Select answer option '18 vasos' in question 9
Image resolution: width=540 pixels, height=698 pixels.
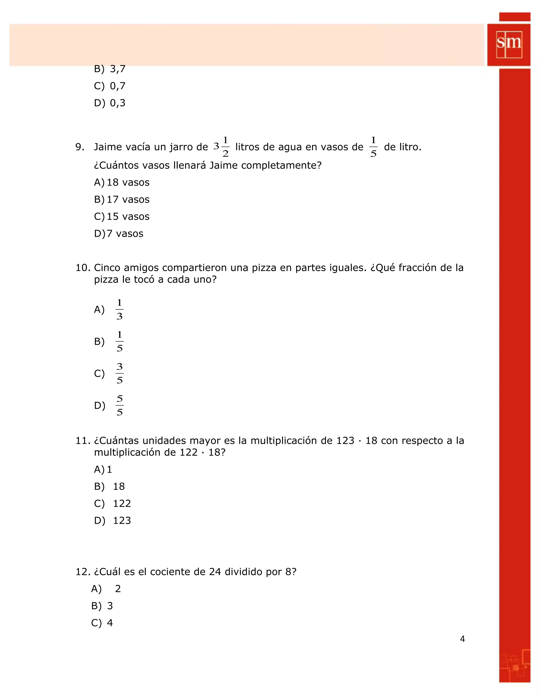128,183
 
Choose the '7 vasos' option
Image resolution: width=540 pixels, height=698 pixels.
125,234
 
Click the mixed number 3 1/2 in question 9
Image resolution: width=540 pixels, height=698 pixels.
221,147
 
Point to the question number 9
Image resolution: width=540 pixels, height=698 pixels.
80,147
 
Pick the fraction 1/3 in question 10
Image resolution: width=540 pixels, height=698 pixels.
119,309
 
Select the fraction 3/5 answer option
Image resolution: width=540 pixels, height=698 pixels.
119,373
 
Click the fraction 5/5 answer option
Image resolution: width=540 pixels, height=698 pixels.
119,405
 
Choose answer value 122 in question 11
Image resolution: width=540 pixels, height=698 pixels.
122,504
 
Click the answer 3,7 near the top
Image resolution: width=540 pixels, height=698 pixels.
117,69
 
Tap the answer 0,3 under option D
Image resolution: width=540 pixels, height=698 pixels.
117,103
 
